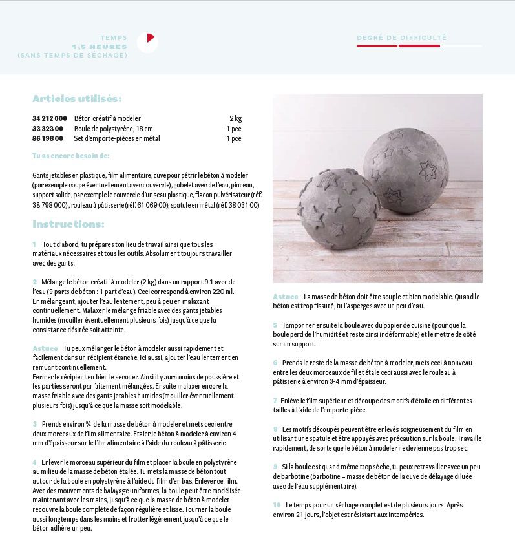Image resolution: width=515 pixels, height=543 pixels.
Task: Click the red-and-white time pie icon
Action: (x=147, y=42)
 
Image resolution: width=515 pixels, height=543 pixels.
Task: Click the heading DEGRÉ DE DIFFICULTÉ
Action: (x=401, y=38)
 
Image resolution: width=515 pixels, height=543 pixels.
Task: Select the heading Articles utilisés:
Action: (x=77, y=99)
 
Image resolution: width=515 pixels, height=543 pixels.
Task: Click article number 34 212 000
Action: (x=49, y=118)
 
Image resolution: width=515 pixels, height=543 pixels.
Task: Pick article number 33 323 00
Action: (x=48, y=129)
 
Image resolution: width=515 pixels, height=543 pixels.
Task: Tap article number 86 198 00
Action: (x=48, y=138)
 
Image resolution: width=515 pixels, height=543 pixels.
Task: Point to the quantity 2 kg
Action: (x=235, y=118)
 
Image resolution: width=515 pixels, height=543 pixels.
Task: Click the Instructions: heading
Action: (x=68, y=224)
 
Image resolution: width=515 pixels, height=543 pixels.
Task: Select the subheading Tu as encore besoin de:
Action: (x=71, y=156)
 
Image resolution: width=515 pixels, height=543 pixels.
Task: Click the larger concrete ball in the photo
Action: (x=405, y=170)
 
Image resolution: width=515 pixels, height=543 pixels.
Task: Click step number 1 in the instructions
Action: (x=34, y=244)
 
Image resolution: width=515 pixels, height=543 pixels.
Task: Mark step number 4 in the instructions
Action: (x=34, y=462)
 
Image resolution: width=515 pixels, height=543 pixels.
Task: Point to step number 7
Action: (x=275, y=401)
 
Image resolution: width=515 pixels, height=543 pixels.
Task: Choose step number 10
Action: (x=277, y=505)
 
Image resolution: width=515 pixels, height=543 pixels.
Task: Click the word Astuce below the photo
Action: (x=286, y=297)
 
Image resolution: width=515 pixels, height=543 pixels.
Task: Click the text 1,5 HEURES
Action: (x=100, y=47)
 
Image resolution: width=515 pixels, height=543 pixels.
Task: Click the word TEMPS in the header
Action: (x=114, y=38)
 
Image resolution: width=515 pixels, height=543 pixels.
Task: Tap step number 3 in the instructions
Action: (x=34, y=424)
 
